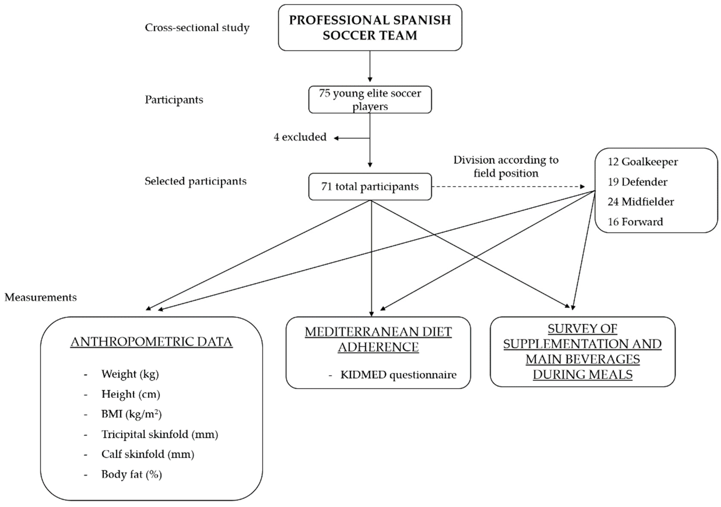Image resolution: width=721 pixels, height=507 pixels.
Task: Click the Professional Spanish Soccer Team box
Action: click(370, 28)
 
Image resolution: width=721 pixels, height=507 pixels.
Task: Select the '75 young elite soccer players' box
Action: click(370, 99)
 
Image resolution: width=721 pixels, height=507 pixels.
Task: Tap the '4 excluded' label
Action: click(300, 137)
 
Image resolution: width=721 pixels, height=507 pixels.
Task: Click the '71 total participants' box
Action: click(370, 186)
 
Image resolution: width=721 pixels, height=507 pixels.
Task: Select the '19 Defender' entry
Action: click(637, 182)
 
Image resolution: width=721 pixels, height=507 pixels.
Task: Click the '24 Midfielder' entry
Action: click(641, 202)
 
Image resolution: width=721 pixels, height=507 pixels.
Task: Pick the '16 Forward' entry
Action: click(635, 222)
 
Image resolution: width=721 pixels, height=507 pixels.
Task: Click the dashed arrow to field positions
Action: click(509, 186)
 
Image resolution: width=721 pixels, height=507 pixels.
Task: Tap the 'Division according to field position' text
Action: click(506, 166)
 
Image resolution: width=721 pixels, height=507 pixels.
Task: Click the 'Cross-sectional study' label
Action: click(197, 28)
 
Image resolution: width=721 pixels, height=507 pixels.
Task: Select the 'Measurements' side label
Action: click(40, 297)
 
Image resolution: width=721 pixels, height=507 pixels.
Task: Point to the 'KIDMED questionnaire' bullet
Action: click(398, 374)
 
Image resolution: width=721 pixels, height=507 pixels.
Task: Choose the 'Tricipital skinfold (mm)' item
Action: click(160, 434)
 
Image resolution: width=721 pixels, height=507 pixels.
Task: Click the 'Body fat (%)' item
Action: click(132, 474)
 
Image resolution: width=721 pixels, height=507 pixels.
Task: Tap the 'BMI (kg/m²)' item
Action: click(131, 414)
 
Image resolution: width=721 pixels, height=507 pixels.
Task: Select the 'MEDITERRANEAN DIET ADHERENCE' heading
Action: click(378, 339)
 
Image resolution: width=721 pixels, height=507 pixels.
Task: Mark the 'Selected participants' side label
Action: click(195, 181)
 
